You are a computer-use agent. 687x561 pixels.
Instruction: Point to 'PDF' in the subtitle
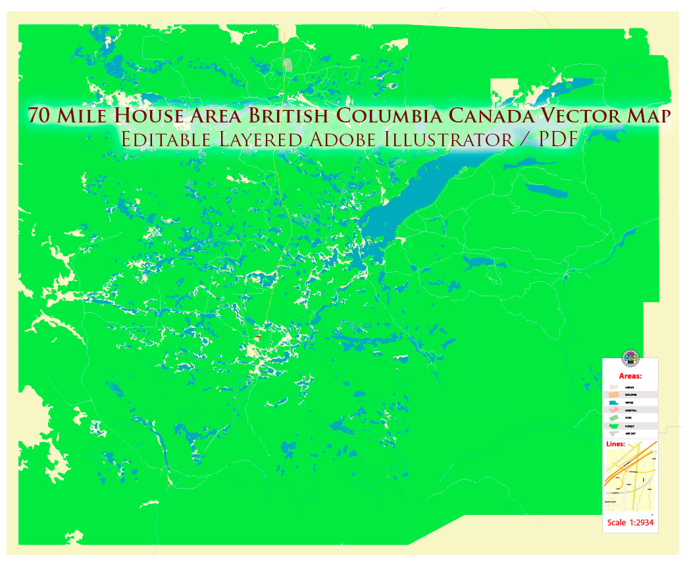click(554, 139)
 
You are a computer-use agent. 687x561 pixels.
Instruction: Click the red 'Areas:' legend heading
click(630, 376)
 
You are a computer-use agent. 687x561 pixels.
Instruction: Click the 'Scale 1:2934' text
click(630, 523)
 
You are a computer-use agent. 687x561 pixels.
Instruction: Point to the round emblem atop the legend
click(630, 358)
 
